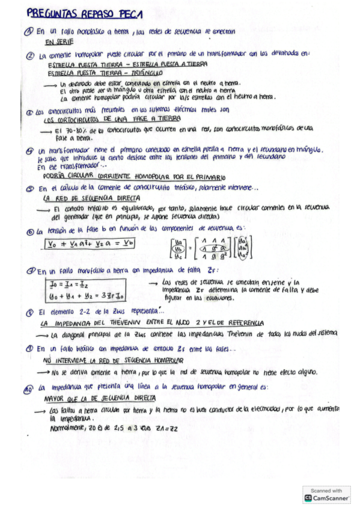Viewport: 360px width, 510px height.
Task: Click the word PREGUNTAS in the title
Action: (52, 13)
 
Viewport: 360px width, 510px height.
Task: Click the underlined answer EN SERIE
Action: (59, 42)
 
